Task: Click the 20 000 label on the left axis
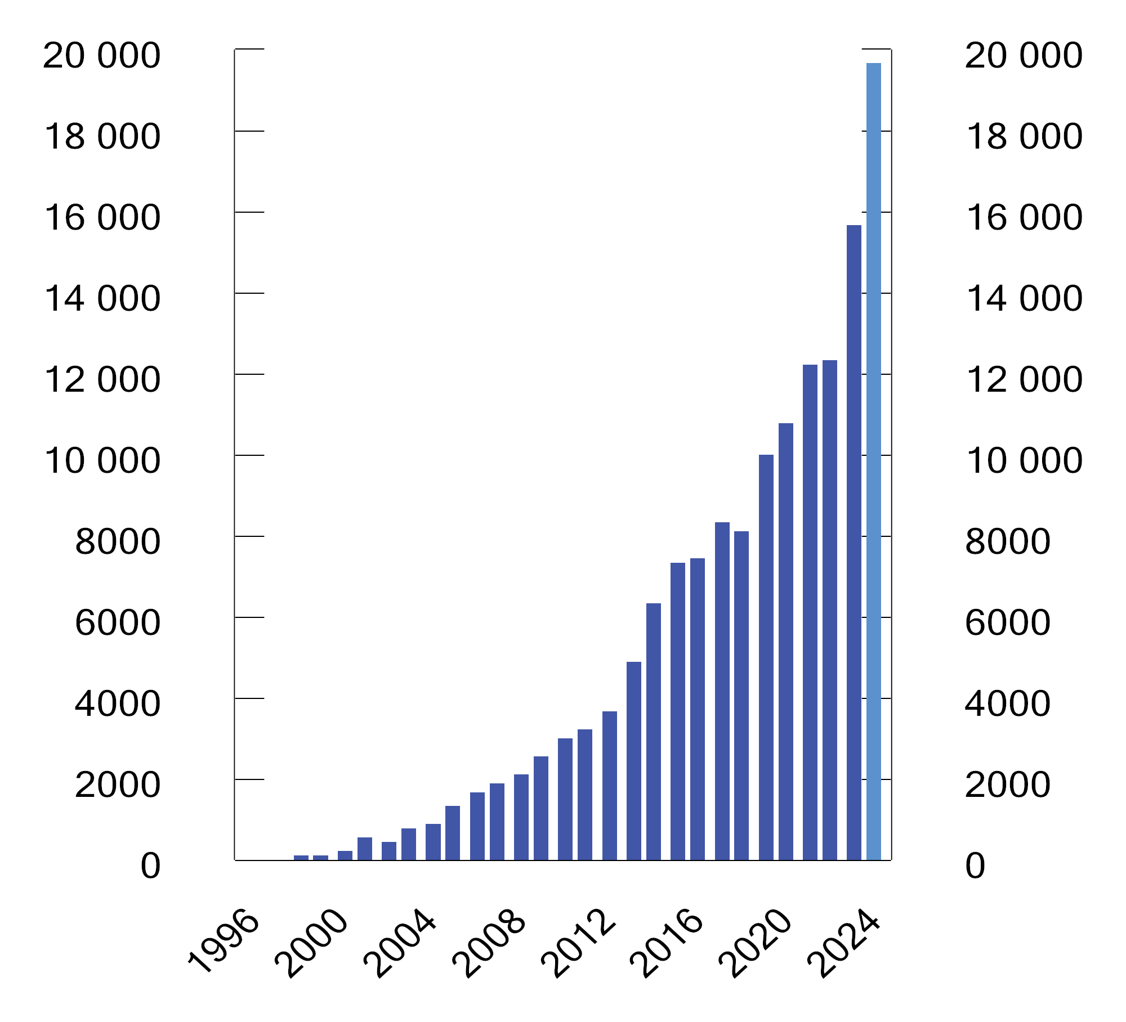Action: [x=102, y=56]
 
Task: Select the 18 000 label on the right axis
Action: [x=1024, y=137]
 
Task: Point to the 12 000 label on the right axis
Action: [x=1024, y=380]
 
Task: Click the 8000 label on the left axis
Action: [x=118, y=542]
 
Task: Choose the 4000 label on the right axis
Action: [x=1007, y=703]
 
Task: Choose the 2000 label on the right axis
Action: [x=1007, y=785]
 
